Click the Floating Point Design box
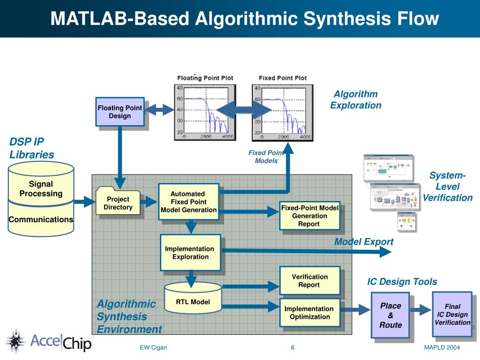tap(120, 112)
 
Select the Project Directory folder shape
tap(118, 202)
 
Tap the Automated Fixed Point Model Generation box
tap(188, 202)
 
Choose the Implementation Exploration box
tap(190, 253)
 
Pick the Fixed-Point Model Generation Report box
tap(309, 216)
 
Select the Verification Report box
tap(309, 281)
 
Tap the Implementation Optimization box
tap(309, 313)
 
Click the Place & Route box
tap(390, 315)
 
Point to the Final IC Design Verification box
tap(452, 314)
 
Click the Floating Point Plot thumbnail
tap(205, 112)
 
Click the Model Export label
tap(364, 242)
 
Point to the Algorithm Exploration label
tap(355, 100)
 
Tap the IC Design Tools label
tap(402, 282)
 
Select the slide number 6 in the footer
tap(292, 347)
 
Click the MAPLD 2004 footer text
tap(442, 347)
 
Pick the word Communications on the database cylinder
tap(41, 219)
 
